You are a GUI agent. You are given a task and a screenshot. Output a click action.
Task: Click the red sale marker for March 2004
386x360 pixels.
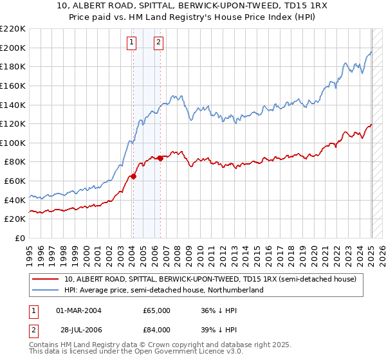[x=133, y=176]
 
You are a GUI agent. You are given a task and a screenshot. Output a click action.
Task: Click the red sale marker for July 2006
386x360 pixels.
[x=160, y=158]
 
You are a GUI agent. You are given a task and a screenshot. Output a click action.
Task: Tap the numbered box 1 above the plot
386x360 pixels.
[x=131, y=43]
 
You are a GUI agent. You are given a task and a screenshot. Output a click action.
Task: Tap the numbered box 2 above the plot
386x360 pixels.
[x=158, y=43]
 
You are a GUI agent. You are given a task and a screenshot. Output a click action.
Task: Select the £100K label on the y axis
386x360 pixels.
[x=13, y=143]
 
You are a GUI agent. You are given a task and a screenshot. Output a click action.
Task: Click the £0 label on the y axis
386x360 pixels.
[x=19, y=238]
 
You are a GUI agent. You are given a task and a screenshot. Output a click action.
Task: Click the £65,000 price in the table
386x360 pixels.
[x=156, y=310]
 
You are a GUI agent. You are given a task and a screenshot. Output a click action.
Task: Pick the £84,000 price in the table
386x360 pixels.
[x=156, y=330]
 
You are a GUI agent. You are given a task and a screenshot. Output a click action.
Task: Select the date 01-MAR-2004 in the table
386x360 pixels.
[x=79, y=310]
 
